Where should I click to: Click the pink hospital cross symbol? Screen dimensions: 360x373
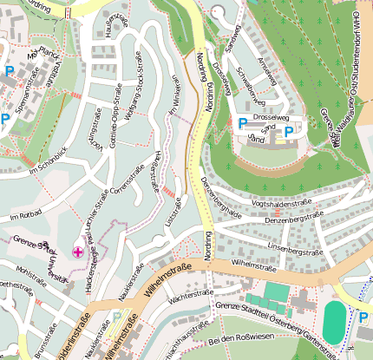(x=79, y=252)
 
